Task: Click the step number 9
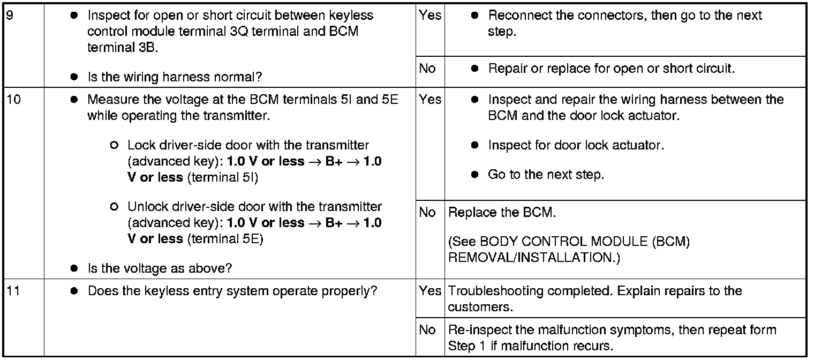(x=9, y=15)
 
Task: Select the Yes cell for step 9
(x=430, y=15)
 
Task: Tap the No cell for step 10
(x=427, y=213)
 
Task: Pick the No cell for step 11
(x=427, y=330)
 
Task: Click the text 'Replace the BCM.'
(x=502, y=213)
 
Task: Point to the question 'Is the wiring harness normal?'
(x=175, y=77)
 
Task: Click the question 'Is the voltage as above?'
(x=160, y=268)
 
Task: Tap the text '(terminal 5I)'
(x=222, y=177)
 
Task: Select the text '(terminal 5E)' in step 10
(x=225, y=239)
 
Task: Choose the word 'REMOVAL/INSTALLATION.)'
(x=533, y=258)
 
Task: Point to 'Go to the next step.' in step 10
(x=545, y=175)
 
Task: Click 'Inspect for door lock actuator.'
(x=576, y=145)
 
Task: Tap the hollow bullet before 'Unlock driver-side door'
(x=113, y=207)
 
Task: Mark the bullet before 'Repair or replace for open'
(x=474, y=69)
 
